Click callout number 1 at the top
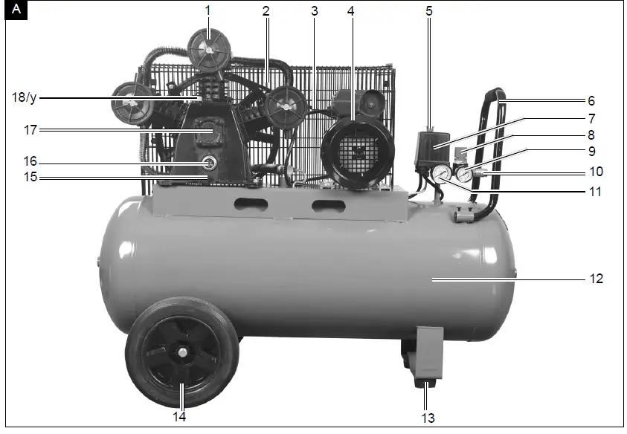tap(208, 10)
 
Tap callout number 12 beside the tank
tap(597, 279)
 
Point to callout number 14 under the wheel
tap(179, 417)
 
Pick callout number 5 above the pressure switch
tap(429, 10)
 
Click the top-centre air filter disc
tap(208, 48)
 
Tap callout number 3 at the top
tap(315, 10)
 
